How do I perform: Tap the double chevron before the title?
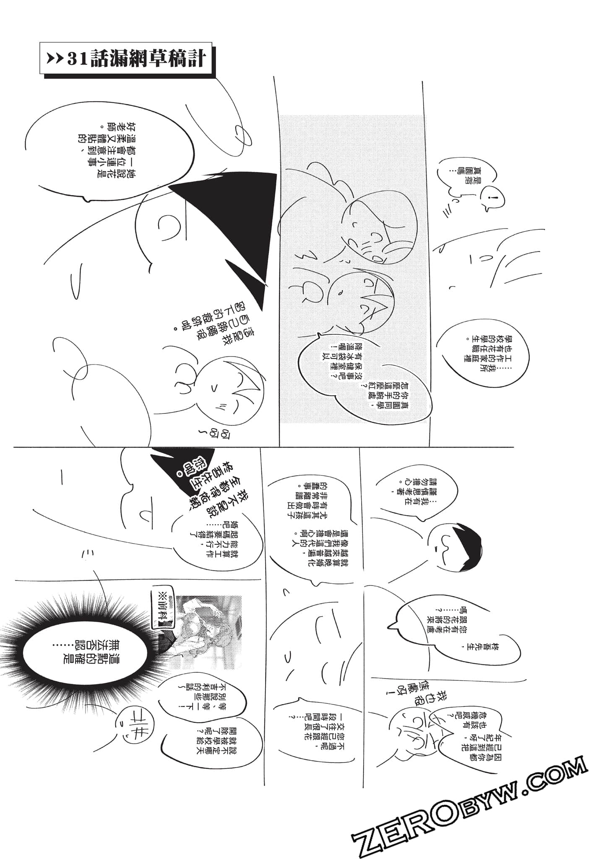pos(55,60)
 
